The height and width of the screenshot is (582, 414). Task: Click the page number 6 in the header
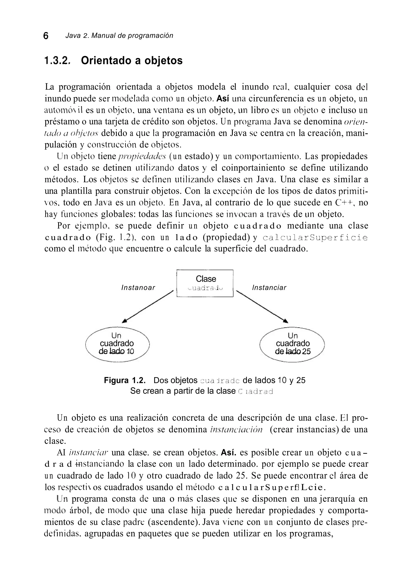[46, 36]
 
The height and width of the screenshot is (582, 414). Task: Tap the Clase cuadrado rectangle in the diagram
[205, 283]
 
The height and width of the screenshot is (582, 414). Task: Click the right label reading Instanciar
[269, 288]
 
